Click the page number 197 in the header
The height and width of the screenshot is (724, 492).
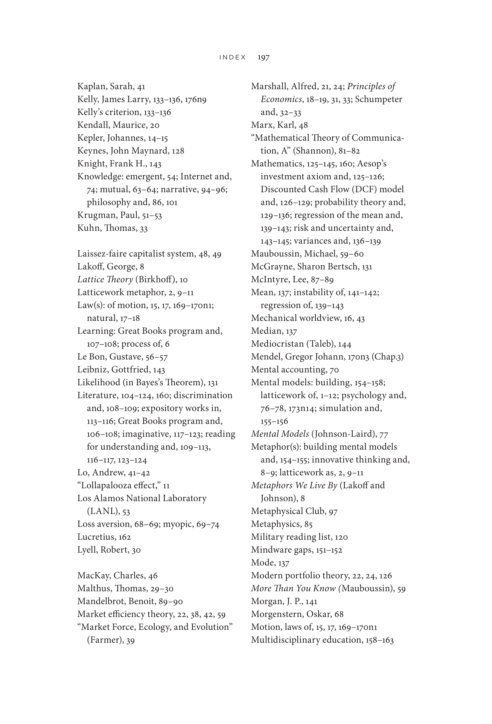tap(263, 57)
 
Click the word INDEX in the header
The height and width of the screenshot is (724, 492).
tap(233, 57)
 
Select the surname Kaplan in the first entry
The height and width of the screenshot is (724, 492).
tap(92, 86)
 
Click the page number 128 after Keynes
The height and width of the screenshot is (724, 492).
tap(178, 151)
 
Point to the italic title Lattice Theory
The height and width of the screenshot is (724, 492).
tap(105, 279)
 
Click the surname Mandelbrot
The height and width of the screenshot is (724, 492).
tap(100, 601)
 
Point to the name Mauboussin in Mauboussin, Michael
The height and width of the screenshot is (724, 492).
tap(275, 254)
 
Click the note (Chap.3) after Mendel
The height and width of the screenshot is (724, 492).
tap(387, 357)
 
